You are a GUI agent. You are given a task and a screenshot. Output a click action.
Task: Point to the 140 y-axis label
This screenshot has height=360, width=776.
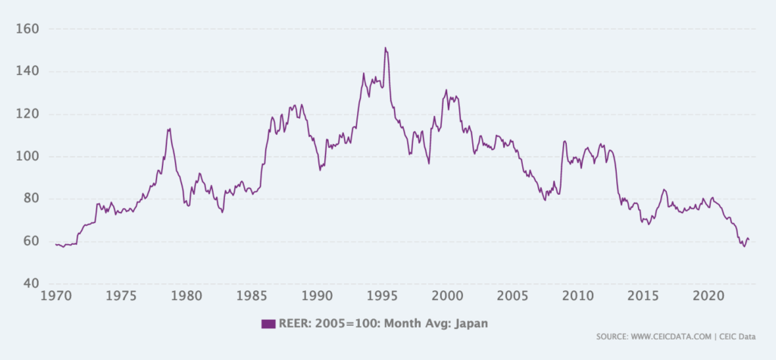point(28,72)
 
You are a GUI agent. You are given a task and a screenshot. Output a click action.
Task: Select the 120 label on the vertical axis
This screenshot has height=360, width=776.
point(28,114)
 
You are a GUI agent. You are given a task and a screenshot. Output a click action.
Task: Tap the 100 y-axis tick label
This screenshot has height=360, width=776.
point(28,157)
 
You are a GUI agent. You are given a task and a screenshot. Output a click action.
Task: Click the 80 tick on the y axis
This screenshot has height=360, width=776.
point(31,199)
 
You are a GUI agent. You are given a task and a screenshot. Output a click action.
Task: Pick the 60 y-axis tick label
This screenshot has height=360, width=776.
point(31,242)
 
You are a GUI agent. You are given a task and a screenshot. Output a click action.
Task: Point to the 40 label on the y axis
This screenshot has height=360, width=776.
point(31,284)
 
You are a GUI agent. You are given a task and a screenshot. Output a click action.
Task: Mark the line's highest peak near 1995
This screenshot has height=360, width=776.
point(385,48)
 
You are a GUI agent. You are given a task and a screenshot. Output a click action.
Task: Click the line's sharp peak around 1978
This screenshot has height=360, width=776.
point(169,129)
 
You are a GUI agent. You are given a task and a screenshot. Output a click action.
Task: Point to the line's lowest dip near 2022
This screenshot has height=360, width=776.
point(743,246)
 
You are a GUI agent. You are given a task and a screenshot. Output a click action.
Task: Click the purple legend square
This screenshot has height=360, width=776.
point(268,324)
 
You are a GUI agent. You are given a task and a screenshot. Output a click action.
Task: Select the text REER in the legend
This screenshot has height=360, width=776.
point(294,324)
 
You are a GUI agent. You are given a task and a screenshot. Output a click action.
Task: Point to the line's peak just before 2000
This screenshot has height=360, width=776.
point(446,90)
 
